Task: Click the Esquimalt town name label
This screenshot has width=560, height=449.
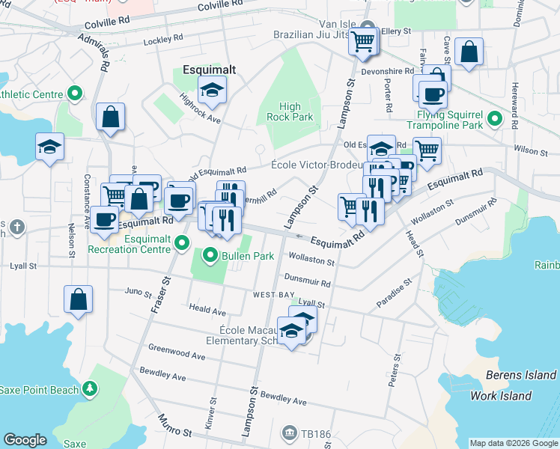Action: coord(209,70)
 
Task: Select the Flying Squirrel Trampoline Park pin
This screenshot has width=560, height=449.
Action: coord(495,118)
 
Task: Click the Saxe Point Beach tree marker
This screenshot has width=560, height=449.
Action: coord(90,389)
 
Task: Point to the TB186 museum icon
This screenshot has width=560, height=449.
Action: coord(289,433)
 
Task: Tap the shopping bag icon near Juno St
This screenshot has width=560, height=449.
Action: coord(79,299)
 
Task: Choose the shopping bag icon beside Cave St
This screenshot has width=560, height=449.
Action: coord(469,52)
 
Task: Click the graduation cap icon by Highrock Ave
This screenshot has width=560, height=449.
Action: coord(214,91)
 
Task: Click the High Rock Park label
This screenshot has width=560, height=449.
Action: coord(289,112)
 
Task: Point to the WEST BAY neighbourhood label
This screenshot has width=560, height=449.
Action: coord(274,296)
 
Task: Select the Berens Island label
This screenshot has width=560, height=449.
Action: coord(520,375)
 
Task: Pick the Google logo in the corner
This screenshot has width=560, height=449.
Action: coord(25,440)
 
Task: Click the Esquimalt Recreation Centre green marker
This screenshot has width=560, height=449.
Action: coord(181,241)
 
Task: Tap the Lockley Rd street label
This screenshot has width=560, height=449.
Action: coord(162,38)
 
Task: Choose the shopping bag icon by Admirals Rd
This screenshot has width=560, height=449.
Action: coord(110,117)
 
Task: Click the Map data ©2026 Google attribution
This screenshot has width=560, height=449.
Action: coord(514,443)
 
